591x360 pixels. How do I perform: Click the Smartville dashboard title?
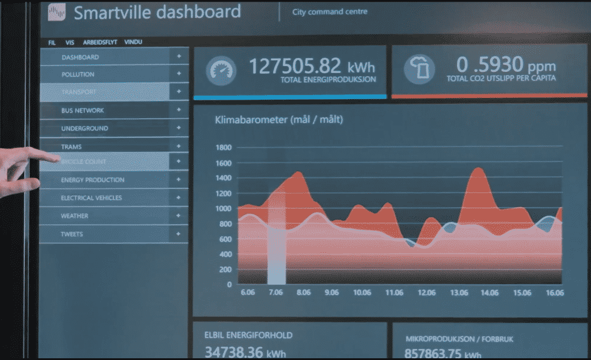[157, 12]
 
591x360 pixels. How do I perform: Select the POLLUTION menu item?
[78, 74]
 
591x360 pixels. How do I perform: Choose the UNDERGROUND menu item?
[84, 128]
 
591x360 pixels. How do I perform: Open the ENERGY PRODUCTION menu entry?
[92, 180]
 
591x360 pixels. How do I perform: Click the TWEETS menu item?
[72, 234]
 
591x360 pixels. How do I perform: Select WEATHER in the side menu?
[74, 216]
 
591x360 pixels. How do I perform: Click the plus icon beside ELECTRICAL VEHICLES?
[179, 198]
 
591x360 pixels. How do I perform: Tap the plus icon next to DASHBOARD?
[179, 57]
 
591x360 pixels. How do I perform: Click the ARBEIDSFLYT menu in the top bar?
[99, 42]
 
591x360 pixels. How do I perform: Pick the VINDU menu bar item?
[133, 42]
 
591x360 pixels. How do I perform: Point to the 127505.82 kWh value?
[312, 66]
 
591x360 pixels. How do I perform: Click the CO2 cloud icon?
[419, 70]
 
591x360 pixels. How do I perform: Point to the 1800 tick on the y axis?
[223, 147]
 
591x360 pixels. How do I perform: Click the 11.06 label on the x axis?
[394, 293]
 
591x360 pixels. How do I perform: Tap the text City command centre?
[329, 12]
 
